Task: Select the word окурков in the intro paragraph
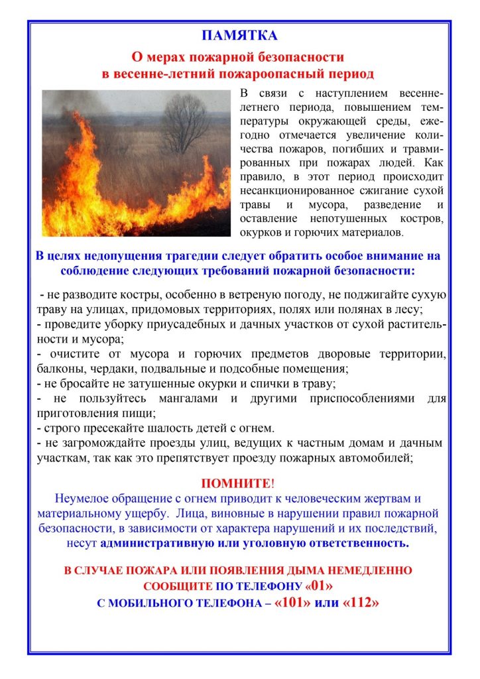pyautogui.click(x=262, y=233)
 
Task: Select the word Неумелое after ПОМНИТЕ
pyautogui.click(x=86, y=498)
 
